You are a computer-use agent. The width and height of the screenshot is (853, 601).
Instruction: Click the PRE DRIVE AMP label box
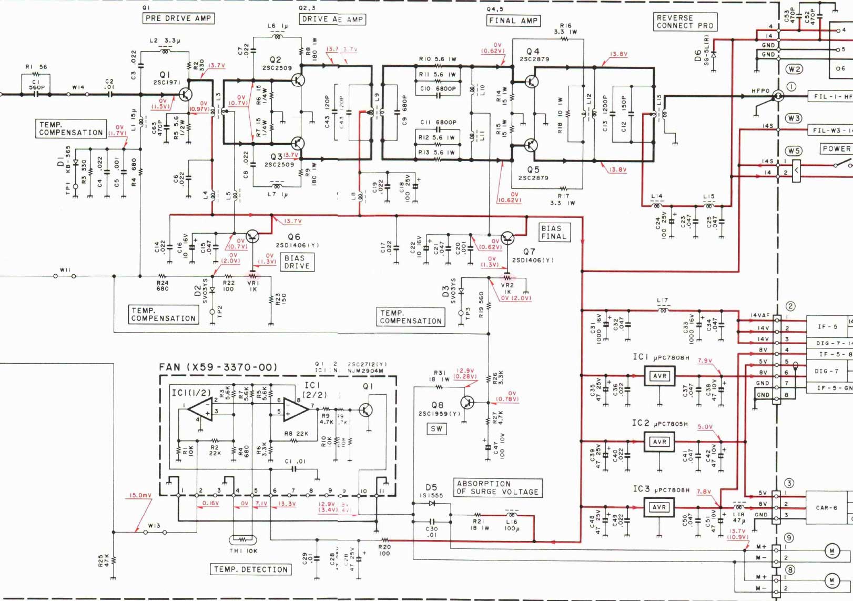[x=178, y=18]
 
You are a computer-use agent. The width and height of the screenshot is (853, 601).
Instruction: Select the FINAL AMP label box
[x=513, y=21]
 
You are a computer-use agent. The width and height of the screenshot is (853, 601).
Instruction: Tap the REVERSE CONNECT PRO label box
[x=685, y=22]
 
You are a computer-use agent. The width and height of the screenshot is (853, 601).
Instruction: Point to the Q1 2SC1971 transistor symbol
[x=185, y=95]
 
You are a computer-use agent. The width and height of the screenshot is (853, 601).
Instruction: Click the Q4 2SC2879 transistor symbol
[x=531, y=82]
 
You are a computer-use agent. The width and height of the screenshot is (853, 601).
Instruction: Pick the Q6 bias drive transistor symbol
[x=252, y=236]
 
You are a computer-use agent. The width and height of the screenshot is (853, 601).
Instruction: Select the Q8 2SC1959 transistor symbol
[x=466, y=403]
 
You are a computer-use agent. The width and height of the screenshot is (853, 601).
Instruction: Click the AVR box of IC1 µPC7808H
[x=659, y=376]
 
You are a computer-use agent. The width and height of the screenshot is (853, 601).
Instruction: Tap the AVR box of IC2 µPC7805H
[x=659, y=442]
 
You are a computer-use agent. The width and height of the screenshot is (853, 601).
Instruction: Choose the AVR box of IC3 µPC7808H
[x=659, y=507]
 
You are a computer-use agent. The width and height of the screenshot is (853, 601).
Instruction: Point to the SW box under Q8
[x=436, y=429]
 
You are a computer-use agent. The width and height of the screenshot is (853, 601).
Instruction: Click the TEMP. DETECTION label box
[x=251, y=569]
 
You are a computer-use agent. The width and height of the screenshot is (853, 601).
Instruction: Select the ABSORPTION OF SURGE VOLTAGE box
[x=497, y=488]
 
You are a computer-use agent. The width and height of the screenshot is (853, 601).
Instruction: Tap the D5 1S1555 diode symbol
[x=432, y=504]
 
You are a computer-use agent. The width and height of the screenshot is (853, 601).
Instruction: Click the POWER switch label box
[x=836, y=149]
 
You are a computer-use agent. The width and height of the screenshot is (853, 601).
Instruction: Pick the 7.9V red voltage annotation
[x=705, y=361]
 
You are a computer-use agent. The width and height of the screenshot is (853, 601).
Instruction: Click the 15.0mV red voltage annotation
[x=140, y=495]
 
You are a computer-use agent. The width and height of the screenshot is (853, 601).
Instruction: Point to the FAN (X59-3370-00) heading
[x=218, y=367]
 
